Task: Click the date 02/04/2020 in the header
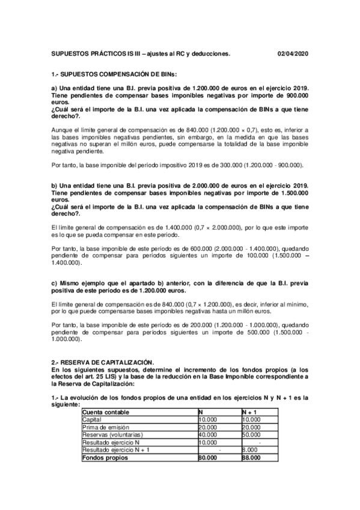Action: pos(293,54)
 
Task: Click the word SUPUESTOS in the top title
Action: pos(68,54)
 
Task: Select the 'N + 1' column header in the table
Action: pos(242,411)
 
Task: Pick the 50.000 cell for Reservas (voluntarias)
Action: pos(243,434)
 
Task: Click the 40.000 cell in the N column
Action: pos(208,434)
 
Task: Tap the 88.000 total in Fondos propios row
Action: pos(243,458)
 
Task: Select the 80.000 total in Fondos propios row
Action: pos(208,458)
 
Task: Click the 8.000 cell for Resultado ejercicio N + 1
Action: pos(242,450)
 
